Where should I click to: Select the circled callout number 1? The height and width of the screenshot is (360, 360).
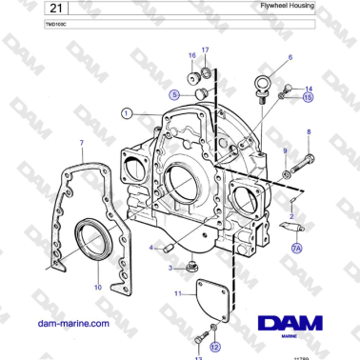click(x=126, y=112)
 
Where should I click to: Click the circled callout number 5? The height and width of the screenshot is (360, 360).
click(x=174, y=94)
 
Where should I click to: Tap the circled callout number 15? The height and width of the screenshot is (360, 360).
click(x=307, y=96)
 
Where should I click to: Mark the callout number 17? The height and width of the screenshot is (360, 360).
click(x=204, y=49)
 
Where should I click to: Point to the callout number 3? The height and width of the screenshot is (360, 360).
click(x=171, y=269)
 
